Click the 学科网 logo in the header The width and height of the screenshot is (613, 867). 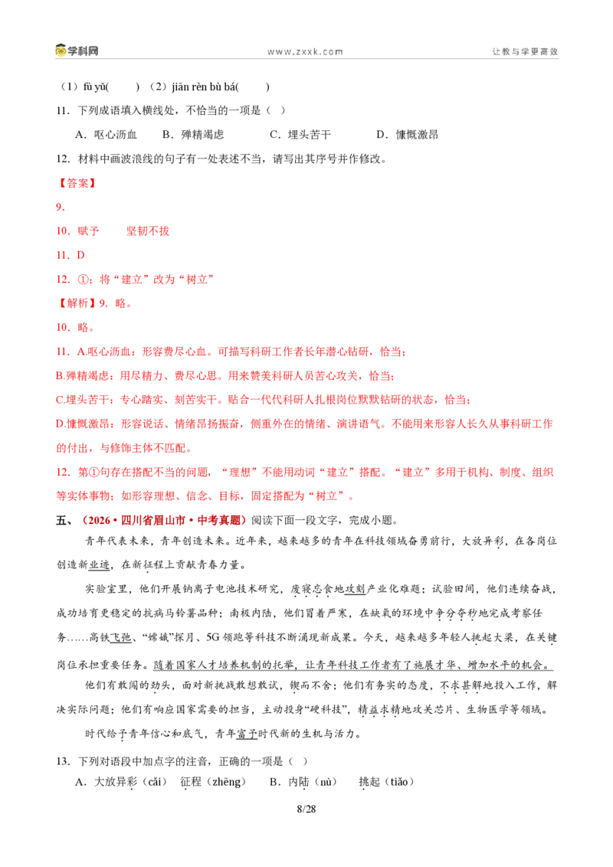pos(77,51)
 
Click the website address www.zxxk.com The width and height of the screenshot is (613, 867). pos(306,51)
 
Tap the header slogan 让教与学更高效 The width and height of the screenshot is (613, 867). pos(525,51)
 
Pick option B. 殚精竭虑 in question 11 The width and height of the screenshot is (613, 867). pos(193,134)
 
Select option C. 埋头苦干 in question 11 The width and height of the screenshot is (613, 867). pos(300,134)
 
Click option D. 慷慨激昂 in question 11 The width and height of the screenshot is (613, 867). pos(407,134)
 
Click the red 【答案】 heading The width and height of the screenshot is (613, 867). pos(77,183)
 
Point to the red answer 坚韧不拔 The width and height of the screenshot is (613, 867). pos(148,231)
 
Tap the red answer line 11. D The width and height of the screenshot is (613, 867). pos(70,255)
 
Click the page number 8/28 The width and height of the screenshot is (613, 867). pos(306,809)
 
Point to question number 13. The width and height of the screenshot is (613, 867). pos(63,761)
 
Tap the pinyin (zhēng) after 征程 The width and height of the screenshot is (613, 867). pos(227,782)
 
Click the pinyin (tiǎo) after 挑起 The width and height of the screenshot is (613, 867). pos(398,782)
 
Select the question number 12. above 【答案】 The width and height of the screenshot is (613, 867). pos(63,159)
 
